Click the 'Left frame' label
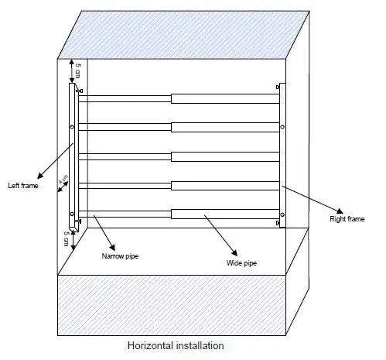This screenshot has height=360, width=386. [23, 186]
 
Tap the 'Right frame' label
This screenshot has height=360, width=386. [347, 219]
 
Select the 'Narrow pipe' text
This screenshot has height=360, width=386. [120, 256]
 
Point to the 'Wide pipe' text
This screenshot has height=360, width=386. [241, 263]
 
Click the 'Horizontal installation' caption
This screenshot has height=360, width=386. [176, 345]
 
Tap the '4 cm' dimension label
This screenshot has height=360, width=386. [63, 179]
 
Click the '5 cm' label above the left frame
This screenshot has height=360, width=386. [78, 70]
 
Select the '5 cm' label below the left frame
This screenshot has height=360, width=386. [67, 238]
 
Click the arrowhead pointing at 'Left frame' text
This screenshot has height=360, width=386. [40, 176]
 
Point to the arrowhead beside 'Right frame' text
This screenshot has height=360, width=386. [340, 211]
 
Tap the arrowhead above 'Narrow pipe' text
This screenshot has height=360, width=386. [112, 248]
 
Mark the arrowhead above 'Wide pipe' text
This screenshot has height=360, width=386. [234, 252]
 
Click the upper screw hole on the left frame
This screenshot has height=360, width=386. [72, 127]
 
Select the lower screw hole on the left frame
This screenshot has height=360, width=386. [72, 214]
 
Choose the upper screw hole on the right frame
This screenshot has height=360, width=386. [282, 127]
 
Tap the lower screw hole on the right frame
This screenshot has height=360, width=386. [282, 214]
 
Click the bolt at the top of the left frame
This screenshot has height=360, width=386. [80, 91]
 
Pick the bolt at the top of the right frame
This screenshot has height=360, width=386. [278, 87]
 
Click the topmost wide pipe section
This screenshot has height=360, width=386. [225, 99]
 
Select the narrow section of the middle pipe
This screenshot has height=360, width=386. [125, 156]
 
